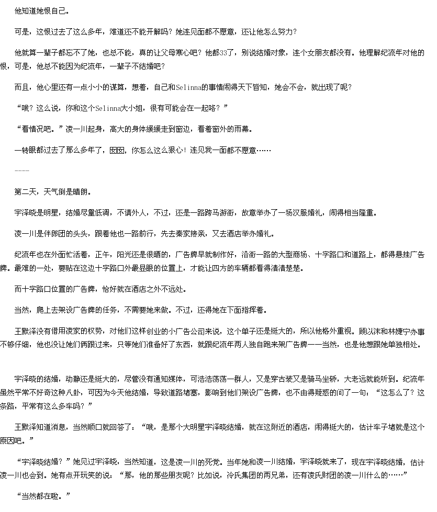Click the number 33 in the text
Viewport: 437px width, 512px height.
tap(224, 53)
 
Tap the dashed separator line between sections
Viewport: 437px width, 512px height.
tap(22, 171)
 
